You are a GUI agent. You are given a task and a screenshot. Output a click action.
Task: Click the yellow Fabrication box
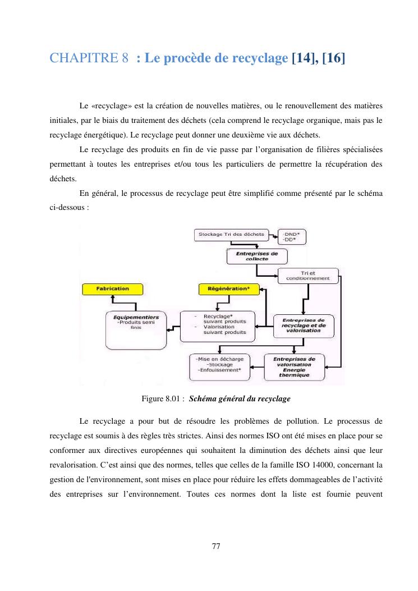pyautogui.click(x=112, y=288)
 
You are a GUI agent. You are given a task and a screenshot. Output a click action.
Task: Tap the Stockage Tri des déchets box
pyautogui.click(x=231, y=234)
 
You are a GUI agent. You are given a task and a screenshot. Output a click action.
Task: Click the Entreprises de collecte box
pyautogui.click(x=257, y=256)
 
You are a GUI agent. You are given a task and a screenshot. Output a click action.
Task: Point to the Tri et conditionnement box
pyautogui.click(x=308, y=276)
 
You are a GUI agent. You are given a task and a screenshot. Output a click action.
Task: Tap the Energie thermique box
pyautogui.click(x=295, y=368)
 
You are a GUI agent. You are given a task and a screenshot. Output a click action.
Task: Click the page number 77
pyautogui.click(x=216, y=546)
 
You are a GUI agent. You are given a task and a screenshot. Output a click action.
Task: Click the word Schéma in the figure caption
pyautogui.click(x=206, y=399)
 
